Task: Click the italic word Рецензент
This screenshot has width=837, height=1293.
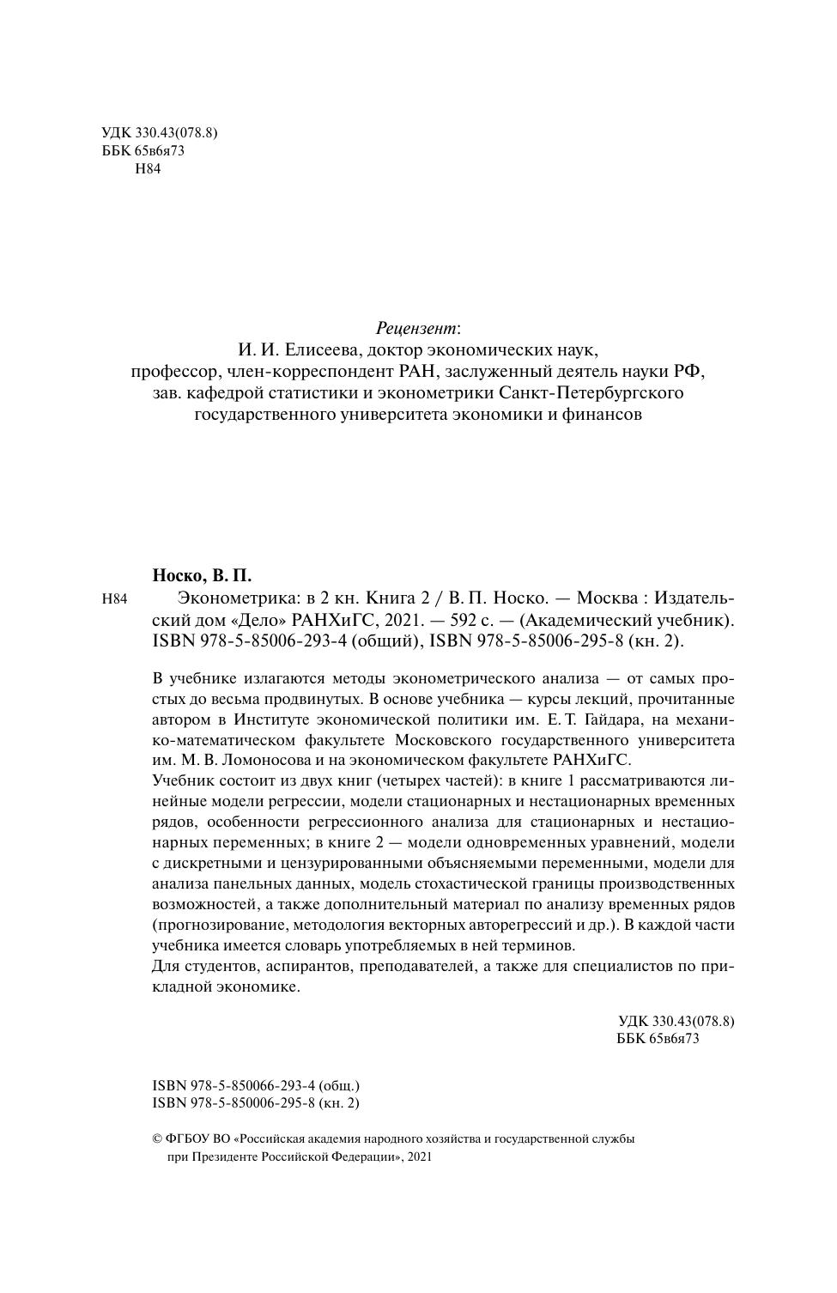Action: [416, 329]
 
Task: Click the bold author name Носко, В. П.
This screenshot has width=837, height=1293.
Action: [202, 575]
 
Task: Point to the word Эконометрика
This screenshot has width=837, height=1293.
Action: [225, 598]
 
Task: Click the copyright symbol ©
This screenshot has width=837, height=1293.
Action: [157, 1139]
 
